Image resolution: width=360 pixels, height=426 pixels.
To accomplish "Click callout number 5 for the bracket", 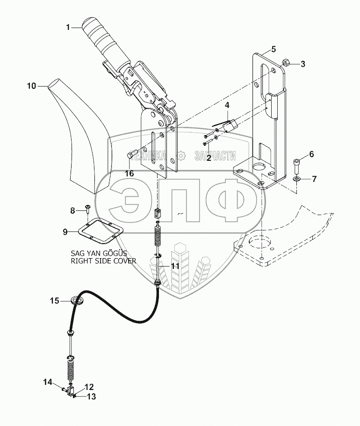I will [x=273, y=49].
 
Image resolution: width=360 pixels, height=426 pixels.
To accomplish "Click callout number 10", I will [x=31, y=86].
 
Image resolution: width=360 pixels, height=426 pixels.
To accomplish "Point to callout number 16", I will [x=129, y=173].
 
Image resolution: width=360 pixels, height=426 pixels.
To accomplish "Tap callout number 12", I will [x=89, y=387].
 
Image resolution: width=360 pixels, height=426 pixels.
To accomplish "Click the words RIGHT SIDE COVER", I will [x=103, y=261].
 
